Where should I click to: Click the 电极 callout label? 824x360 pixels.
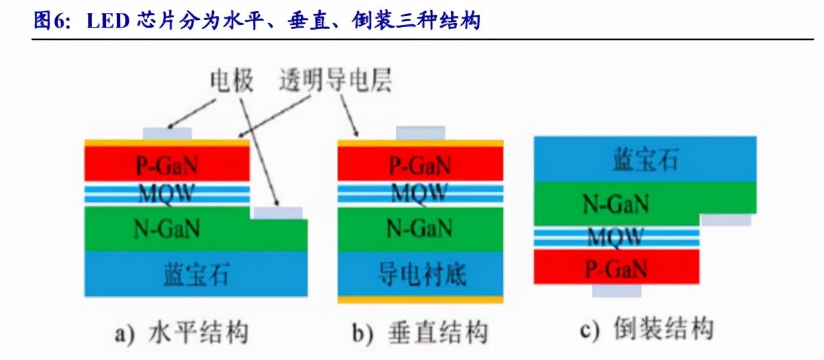(x=232, y=82)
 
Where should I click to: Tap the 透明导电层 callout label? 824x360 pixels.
(x=335, y=82)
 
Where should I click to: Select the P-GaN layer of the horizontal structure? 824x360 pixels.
(x=167, y=166)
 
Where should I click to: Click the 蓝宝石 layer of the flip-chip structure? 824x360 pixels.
(x=645, y=159)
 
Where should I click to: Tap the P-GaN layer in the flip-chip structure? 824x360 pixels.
(x=616, y=267)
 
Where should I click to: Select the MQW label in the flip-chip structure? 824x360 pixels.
(x=616, y=237)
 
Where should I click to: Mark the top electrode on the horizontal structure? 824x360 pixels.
(x=167, y=133)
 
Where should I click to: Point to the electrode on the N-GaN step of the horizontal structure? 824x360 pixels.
(x=278, y=213)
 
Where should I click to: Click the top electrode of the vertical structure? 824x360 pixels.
(x=420, y=132)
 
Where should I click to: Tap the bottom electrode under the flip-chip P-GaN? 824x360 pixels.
(x=616, y=291)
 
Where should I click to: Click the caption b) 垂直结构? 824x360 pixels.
(x=420, y=333)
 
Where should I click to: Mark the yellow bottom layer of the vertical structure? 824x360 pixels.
(x=420, y=300)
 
